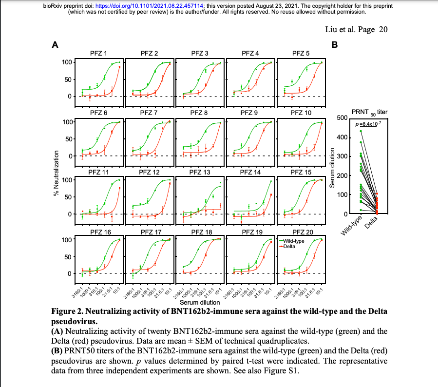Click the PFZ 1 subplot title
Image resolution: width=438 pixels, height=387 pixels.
(x=99, y=53)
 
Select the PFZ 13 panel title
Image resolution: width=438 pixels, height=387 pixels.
(x=200, y=172)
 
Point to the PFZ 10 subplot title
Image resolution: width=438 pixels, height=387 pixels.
(x=301, y=113)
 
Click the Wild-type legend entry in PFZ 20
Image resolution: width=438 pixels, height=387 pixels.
(x=294, y=241)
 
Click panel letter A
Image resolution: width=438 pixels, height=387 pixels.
(x=56, y=45)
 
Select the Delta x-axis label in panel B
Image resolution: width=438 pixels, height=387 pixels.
(x=372, y=225)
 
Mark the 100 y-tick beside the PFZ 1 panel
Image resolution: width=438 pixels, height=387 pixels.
(x=66, y=62)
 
